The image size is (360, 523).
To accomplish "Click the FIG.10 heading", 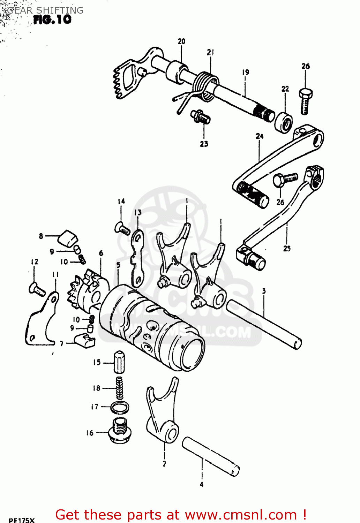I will coord(52,20).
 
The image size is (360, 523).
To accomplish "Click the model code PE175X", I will coord(21,520).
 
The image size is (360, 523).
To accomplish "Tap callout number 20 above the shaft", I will coord(181,41).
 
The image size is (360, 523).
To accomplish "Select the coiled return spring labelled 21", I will coord(204,86).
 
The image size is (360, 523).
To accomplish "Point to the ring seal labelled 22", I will coord(283,122).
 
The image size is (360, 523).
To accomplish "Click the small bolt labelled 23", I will coord(200,116).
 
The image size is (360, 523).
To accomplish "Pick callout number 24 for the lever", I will coord(259,136).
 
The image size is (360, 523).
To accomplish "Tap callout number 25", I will coord(287,249).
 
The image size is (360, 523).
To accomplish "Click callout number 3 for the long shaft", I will coord(264,291).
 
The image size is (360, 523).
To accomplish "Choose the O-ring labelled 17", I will coord(120,407).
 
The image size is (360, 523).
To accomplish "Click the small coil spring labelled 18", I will coord(119,388).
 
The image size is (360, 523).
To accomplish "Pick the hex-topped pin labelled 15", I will coord(119,363).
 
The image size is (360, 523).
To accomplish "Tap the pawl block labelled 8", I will coord(68,237).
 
